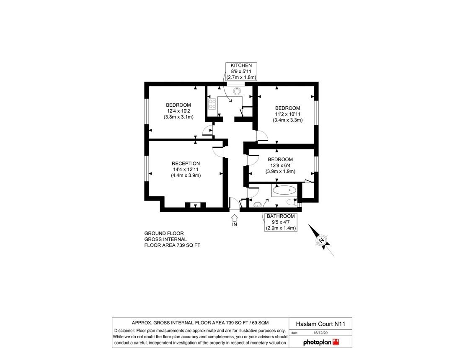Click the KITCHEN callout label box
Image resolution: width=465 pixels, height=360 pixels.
pyautogui.click(x=241, y=72)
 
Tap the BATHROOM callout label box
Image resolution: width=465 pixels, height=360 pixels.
pyautogui.click(x=281, y=222)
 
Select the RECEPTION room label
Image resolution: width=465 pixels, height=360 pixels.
pyautogui.click(x=186, y=170)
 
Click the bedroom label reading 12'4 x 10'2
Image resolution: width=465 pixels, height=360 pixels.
pyautogui.click(x=178, y=111)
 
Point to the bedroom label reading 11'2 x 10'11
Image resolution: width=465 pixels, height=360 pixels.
pyautogui.click(x=287, y=114)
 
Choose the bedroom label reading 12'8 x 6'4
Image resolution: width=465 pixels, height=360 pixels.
pyautogui.click(x=280, y=165)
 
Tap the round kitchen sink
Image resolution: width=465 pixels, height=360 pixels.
pyautogui.click(x=237, y=90)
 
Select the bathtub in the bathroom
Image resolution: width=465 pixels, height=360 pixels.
pyautogui.click(x=284, y=191)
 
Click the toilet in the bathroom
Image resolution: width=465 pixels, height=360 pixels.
pyautogui.click(x=258, y=205)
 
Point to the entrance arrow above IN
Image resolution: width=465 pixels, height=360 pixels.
pyautogui.click(x=234, y=218)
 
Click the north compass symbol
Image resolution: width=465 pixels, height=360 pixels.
pyautogui.click(x=322, y=240)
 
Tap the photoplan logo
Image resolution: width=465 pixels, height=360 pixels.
pyautogui.click(x=321, y=342)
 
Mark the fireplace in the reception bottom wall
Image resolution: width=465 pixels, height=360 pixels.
pyautogui.click(x=195, y=205)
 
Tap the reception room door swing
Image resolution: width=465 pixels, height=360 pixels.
pyautogui.click(x=218, y=151)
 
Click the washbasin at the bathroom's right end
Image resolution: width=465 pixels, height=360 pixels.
pyautogui.click(x=292, y=203)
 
